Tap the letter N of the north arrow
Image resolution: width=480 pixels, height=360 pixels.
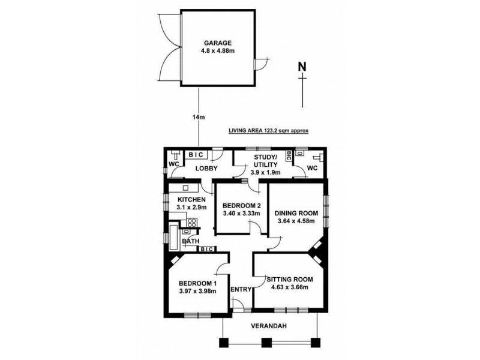tap(302, 66)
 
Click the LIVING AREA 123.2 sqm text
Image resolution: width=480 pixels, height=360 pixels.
tap(268, 130)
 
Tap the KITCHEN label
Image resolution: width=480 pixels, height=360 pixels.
tap(191, 199)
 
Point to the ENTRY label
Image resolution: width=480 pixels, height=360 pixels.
tap(241, 290)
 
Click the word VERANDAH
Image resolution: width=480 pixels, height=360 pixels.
tap(270, 326)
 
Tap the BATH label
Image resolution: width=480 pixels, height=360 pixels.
tap(191, 242)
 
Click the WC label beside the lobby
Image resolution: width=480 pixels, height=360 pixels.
tap(173, 164)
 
